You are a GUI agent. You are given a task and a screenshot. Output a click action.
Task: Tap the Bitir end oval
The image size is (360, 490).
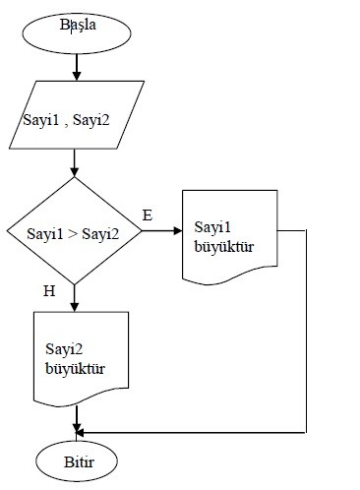(77, 459)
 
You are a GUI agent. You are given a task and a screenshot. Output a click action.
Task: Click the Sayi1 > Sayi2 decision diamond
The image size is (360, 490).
(76, 233)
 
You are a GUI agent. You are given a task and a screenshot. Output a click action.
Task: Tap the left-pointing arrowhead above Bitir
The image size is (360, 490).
(82, 431)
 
